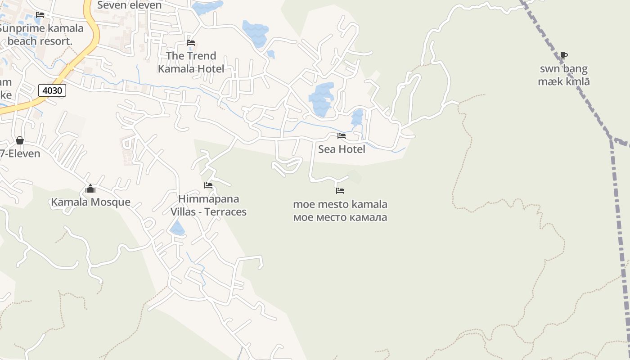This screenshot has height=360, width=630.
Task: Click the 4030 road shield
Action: click(52, 90)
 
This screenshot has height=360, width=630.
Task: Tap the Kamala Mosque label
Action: click(90, 202)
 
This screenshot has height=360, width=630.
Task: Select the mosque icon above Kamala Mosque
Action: click(90, 189)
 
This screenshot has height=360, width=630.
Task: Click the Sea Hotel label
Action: click(342, 149)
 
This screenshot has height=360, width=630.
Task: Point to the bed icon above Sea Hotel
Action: click(342, 135)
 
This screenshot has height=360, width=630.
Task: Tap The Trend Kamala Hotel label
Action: click(191, 62)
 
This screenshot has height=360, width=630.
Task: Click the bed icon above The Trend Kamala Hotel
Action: click(191, 43)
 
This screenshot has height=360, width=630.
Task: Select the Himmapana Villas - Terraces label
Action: click(208, 205)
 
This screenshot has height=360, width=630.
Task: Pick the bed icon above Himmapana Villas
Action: click(208, 185)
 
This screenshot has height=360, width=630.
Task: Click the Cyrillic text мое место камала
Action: click(340, 218)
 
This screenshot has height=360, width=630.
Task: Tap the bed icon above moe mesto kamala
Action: click(340, 191)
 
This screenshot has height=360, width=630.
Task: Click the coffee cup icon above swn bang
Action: click(563, 56)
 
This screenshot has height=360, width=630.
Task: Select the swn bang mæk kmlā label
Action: click(564, 75)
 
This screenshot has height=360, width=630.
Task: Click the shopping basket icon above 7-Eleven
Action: click(20, 140)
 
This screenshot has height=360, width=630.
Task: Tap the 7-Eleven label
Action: click(20, 153)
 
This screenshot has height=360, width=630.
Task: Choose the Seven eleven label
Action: click(129, 5)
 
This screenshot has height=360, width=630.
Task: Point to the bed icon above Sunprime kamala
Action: click(40, 15)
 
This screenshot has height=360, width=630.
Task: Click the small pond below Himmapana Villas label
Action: click(177, 229)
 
